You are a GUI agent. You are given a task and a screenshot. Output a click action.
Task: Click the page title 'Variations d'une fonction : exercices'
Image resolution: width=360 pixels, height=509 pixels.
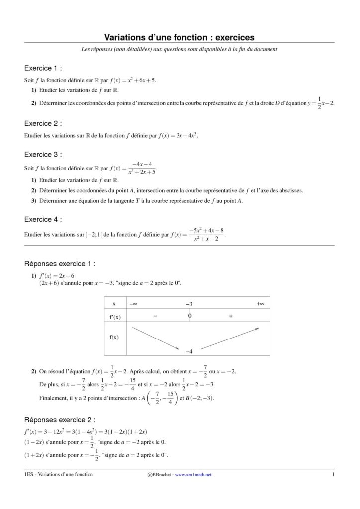[x=179, y=37]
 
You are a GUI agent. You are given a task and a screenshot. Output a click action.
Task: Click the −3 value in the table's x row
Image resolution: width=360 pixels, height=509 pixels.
[x=189, y=303]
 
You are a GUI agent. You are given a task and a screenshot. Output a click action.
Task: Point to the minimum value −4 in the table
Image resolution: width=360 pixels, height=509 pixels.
[x=189, y=351]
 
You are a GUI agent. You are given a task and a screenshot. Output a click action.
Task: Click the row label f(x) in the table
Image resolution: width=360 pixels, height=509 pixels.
[x=114, y=337]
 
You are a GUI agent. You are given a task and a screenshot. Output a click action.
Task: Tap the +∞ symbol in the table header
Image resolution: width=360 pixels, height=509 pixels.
[x=260, y=303]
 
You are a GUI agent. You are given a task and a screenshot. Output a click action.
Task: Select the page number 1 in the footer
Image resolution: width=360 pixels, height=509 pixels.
[x=333, y=475]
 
